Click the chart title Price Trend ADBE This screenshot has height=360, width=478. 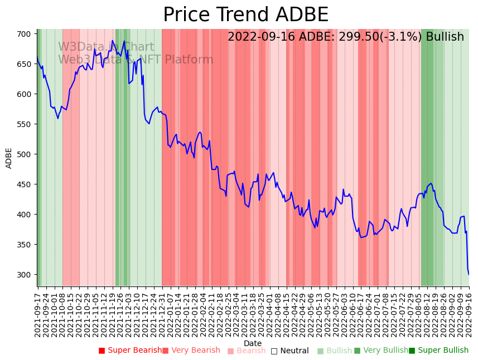click(x=245, y=15)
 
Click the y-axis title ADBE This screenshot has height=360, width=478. click(x=9, y=158)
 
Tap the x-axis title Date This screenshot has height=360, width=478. click(x=253, y=343)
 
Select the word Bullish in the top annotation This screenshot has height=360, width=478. click(x=445, y=37)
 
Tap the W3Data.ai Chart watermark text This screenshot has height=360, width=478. click(x=106, y=47)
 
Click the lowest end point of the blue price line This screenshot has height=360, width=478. click(x=469, y=274)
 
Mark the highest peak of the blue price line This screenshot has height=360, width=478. click(x=112, y=41)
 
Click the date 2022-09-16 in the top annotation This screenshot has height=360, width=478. click(x=259, y=37)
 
